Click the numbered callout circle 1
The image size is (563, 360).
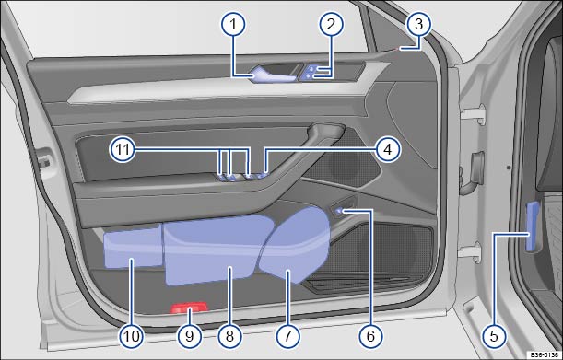click(233, 25)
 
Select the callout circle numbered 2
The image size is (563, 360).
click(331, 25)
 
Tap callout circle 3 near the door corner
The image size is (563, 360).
click(418, 25)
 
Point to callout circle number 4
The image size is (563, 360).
click(387, 149)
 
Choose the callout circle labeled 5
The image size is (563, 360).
click(494, 336)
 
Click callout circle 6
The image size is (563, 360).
click(370, 336)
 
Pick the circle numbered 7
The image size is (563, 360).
click(287, 336)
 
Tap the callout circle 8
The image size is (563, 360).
click(229, 336)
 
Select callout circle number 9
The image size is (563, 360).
click(189, 336)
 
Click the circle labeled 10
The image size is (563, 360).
click(132, 336)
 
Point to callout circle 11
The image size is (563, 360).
click(123, 149)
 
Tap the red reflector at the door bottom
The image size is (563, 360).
click(189, 308)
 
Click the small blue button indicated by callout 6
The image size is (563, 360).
click(338, 212)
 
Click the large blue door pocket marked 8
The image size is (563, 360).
click(217, 250)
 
